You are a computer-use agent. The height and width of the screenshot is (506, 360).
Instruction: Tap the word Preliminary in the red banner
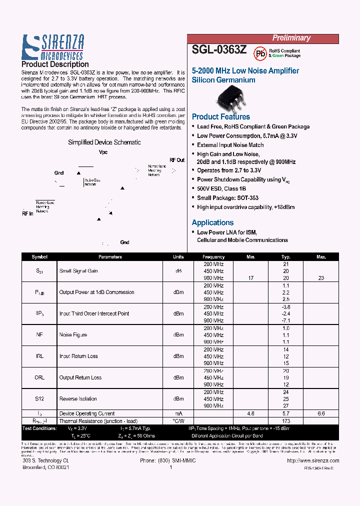291,38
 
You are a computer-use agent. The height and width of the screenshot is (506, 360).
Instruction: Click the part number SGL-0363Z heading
219,50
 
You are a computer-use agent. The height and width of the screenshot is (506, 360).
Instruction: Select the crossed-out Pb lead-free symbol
259,52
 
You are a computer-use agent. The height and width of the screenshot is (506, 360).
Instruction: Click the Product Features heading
221,116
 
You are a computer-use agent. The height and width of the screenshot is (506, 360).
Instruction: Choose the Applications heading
212,222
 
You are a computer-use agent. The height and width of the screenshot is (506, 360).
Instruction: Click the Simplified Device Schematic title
104,142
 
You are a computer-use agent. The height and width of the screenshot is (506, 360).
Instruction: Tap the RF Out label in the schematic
176,160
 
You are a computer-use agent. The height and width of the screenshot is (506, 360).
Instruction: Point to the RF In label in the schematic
27,213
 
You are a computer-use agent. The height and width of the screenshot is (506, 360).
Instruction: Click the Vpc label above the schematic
103,152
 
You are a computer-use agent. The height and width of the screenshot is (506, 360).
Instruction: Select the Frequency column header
213,257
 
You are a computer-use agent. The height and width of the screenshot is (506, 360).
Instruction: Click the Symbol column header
39,257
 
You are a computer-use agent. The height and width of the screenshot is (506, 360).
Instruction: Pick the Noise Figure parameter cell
73,335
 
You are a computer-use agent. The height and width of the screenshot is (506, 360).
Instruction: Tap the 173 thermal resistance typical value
286,421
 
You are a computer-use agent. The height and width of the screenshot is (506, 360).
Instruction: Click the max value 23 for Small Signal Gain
321,278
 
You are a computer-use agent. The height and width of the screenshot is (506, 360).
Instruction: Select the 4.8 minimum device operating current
251,414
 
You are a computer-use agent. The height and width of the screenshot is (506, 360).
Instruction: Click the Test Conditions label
39,428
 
